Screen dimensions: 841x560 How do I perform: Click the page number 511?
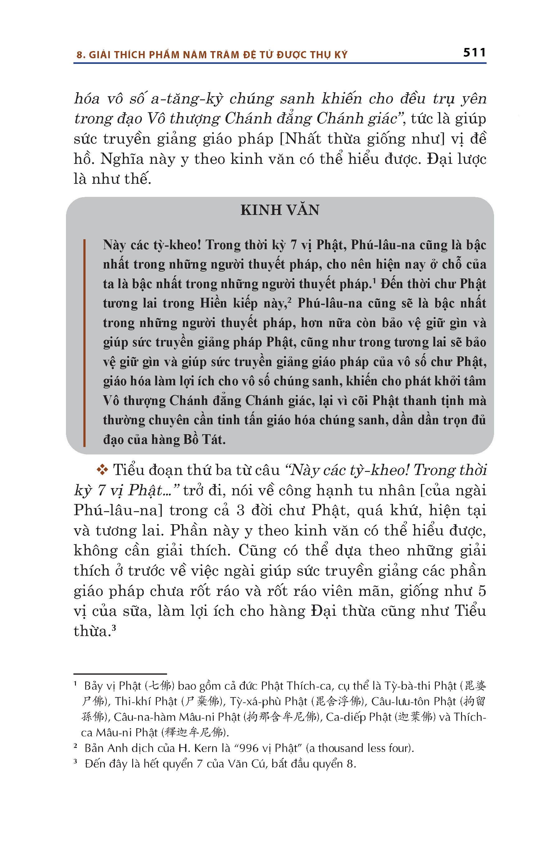[474, 53]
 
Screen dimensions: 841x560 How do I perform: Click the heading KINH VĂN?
[280, 210]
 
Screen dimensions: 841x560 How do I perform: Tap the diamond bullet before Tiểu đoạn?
[102, 470]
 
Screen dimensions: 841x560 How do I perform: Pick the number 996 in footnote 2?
[249, 748]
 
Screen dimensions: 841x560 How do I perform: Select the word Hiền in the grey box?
[213, 303]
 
